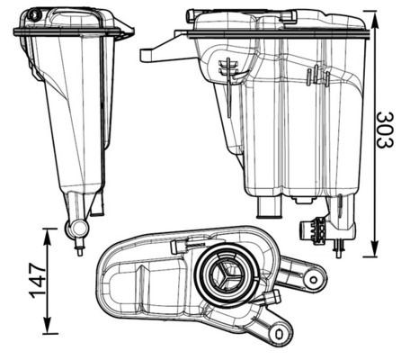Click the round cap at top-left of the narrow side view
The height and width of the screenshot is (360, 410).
[x=35, y=15]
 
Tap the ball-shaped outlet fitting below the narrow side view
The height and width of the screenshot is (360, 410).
[x=76, y=229]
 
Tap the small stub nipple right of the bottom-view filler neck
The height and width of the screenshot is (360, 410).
[x=269, y=296]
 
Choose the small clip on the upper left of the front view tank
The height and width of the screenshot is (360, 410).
[x=227, y=68]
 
